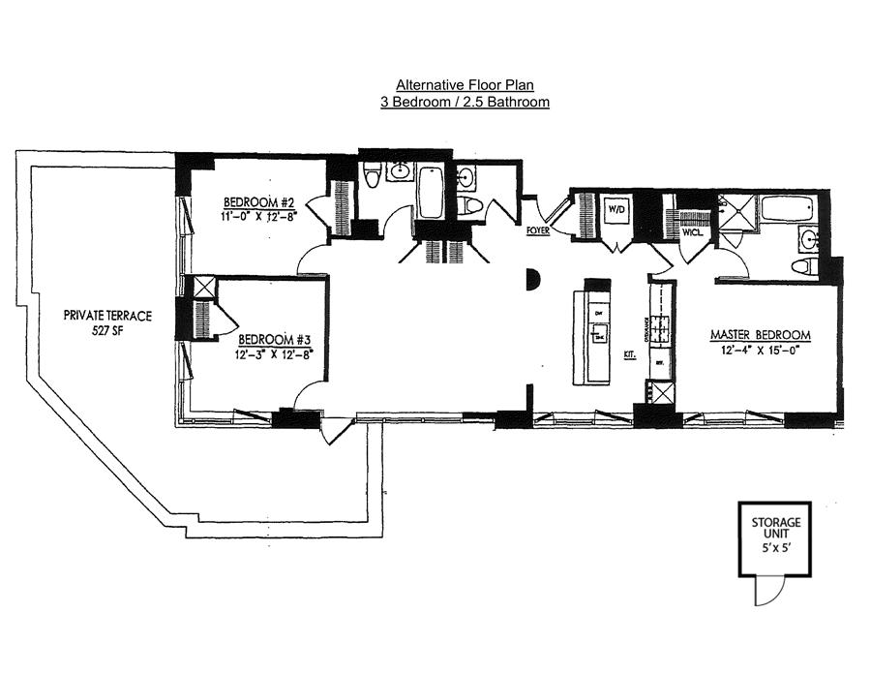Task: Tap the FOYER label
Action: [x=538, y=230]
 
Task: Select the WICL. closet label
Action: [x=693, y=232]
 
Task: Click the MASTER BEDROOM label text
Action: [x=760, y=335]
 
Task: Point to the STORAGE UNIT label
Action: [x=775, y=529]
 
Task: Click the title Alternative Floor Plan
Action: [x=465, y=84]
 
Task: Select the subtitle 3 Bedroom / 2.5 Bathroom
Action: [x=465, y=101]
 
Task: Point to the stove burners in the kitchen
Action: [x=661, y=330]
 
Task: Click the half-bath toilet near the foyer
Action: [x=470, y=205]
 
